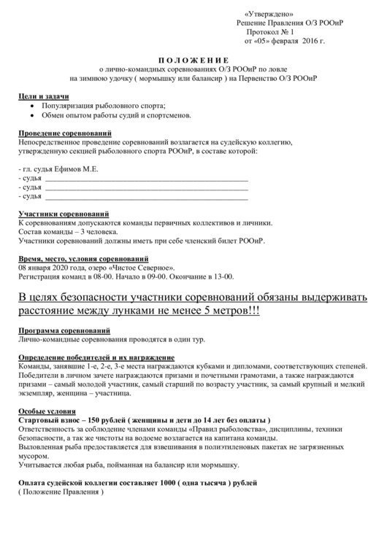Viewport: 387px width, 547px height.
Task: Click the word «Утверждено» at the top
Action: click(x=268, y=15)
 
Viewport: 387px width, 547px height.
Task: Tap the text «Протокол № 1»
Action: click(x=270, y=33)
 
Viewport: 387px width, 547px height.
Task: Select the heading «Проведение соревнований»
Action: click(x=65, y=134)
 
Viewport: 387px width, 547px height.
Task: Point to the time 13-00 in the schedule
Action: click(x=224, y=277)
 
